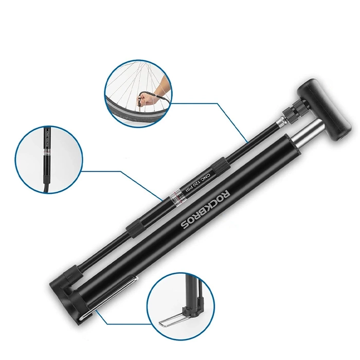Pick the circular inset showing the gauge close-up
click(x=49, y=160)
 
